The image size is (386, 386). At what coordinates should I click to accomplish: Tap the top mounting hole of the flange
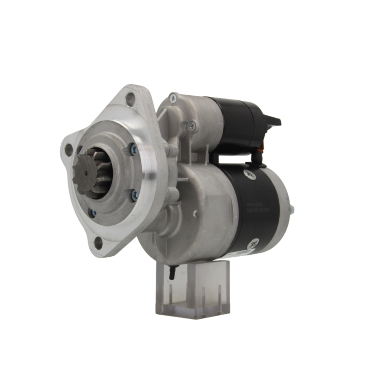[130, 99]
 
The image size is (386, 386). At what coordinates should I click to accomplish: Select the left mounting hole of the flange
[69, 150]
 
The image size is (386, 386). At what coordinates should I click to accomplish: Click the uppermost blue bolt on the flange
[134, 149]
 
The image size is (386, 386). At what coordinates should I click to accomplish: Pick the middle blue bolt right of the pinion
[134, 196]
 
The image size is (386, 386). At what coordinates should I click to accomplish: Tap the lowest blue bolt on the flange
[93, 213]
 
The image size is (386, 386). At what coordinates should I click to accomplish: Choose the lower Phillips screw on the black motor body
[253, 244]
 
